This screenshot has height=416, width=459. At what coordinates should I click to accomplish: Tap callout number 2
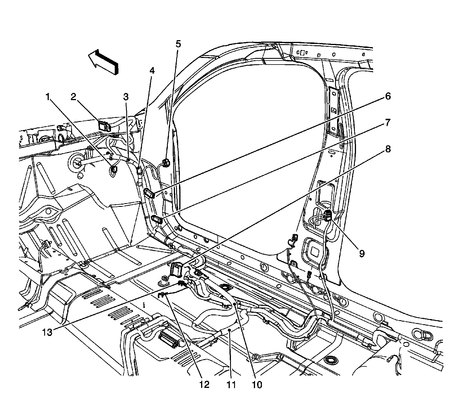pyautogui.click(x=74, y=97)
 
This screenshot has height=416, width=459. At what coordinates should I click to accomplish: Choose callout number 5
pyautogui.click(x=178, y=44)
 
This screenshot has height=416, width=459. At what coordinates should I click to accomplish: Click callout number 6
pyautogui.click(x=388, y=96)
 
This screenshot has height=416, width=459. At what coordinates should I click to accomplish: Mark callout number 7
pyautogui.click(x=388, y=123)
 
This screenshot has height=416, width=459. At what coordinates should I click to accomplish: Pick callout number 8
pyautogui.click(x=388, y=149)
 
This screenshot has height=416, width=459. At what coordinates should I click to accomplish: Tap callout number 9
pyautogui.click(x=362, y=253)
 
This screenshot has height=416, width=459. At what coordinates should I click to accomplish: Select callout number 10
pyautogui.click(x=257, y=384)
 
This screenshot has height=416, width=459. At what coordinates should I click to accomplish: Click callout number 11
pyautogui.click(x=231, y=384)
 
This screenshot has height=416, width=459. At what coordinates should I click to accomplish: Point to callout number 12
pyautogui.click(x=205, y=384)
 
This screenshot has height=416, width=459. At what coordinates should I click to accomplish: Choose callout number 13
pyautogui.click(x=47, y=333)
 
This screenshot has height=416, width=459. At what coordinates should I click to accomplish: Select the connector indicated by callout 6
pyautogui.click(x=149, y=193)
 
